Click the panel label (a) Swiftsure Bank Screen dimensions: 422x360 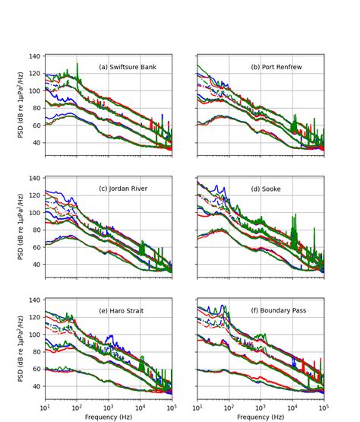(128, 67)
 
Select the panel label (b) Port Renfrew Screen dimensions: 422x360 (276, 67)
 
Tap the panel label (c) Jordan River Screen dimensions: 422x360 (125, 189)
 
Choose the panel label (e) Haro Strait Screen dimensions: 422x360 (125, 310)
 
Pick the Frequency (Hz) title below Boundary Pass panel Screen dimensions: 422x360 (261, 417)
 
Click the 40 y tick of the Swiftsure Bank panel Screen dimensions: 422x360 (36, 142)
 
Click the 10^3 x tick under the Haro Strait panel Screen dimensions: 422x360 (109, 407)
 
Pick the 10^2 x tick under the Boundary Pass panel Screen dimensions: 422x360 (229, 407)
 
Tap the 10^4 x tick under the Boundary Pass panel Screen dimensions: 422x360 (292, 407)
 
